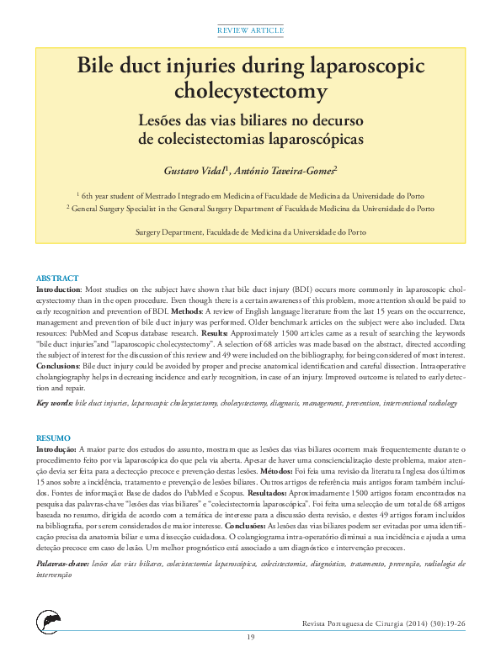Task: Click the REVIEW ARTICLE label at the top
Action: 250,30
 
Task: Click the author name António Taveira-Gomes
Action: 285,170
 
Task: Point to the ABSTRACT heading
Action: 57,278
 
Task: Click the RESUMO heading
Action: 53,438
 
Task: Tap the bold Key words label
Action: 54,404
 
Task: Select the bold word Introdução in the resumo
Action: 56,449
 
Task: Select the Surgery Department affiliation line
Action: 250,231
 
